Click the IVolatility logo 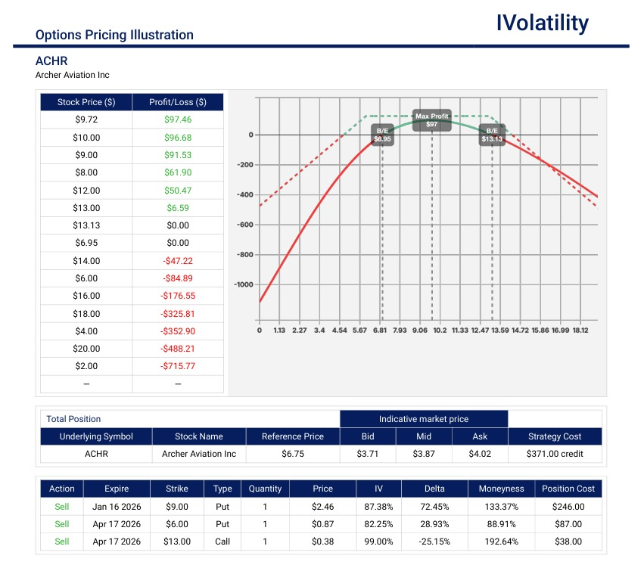click(x=542, y=23)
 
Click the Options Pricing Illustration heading click(x=114, y=35)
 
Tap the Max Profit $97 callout click(x=431, y=120)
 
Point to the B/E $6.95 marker click(x=383, y=135)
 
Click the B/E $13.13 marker click(x=492, y=135)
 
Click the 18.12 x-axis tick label click(x=580, y=330)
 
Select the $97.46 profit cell click(x=178, y=119)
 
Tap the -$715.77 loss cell click(x=178, y=366)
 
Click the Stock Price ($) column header click(x=86, y=102)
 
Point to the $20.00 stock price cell click(x=86, y=349)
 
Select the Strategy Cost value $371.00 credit click(x=555, y=454)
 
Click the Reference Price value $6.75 click(x=292, y=454)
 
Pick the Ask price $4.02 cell click(x=480, y=454)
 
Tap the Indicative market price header click(x=424, y=419)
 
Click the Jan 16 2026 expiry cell click(x=117, y=507)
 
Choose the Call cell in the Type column click(x=222, y=542)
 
